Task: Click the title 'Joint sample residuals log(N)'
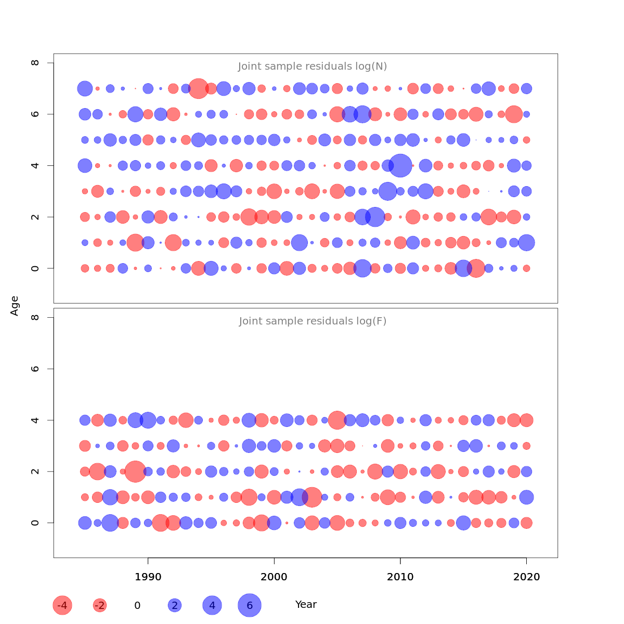pos(313,67)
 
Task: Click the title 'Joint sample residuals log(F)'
pos(313,321)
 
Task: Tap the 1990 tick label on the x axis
pos(148,577)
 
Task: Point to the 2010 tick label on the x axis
pos(400,577)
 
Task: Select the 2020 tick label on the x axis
pos(526,577)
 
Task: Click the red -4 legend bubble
pos(62,605)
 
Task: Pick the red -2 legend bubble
pos(99,605)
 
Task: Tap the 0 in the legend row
pos(137,605)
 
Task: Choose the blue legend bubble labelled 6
pos(250,605)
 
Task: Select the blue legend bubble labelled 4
pos(212,605)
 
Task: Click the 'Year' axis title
pos(306,605)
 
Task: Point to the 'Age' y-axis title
pos(15,306)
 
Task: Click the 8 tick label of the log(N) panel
pos(35,63)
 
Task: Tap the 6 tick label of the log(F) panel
pos(35,369)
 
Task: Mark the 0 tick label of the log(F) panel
pos(35,523)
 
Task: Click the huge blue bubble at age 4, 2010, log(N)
pos(400,166)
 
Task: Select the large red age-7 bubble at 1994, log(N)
pos(199,88)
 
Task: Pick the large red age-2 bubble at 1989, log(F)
pos(135,472)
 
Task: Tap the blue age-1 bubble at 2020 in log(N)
pos(526,242)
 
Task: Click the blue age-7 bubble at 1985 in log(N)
pos(85,88)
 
